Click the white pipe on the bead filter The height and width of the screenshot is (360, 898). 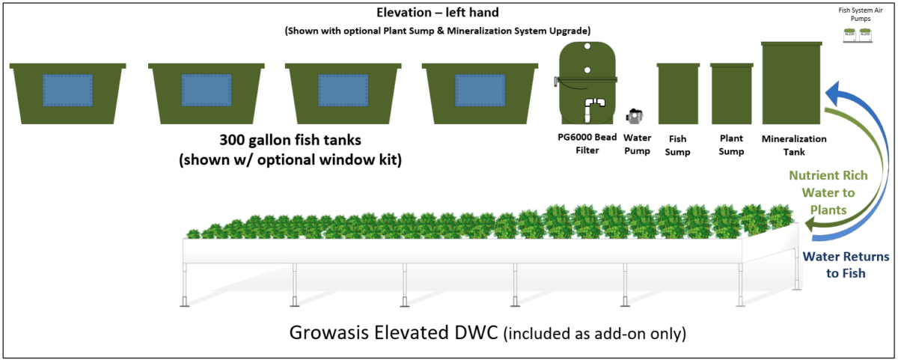(596, 109)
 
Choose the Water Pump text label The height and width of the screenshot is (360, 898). (637, 144)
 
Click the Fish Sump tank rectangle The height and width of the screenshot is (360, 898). (678, 94)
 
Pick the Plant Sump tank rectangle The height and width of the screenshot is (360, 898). (731, 94)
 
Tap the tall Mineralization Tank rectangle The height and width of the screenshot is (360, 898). (791, 84)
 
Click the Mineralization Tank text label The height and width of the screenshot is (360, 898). (793, 144)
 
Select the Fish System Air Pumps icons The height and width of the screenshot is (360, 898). (859, 34)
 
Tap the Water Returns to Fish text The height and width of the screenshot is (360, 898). (846, 265)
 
